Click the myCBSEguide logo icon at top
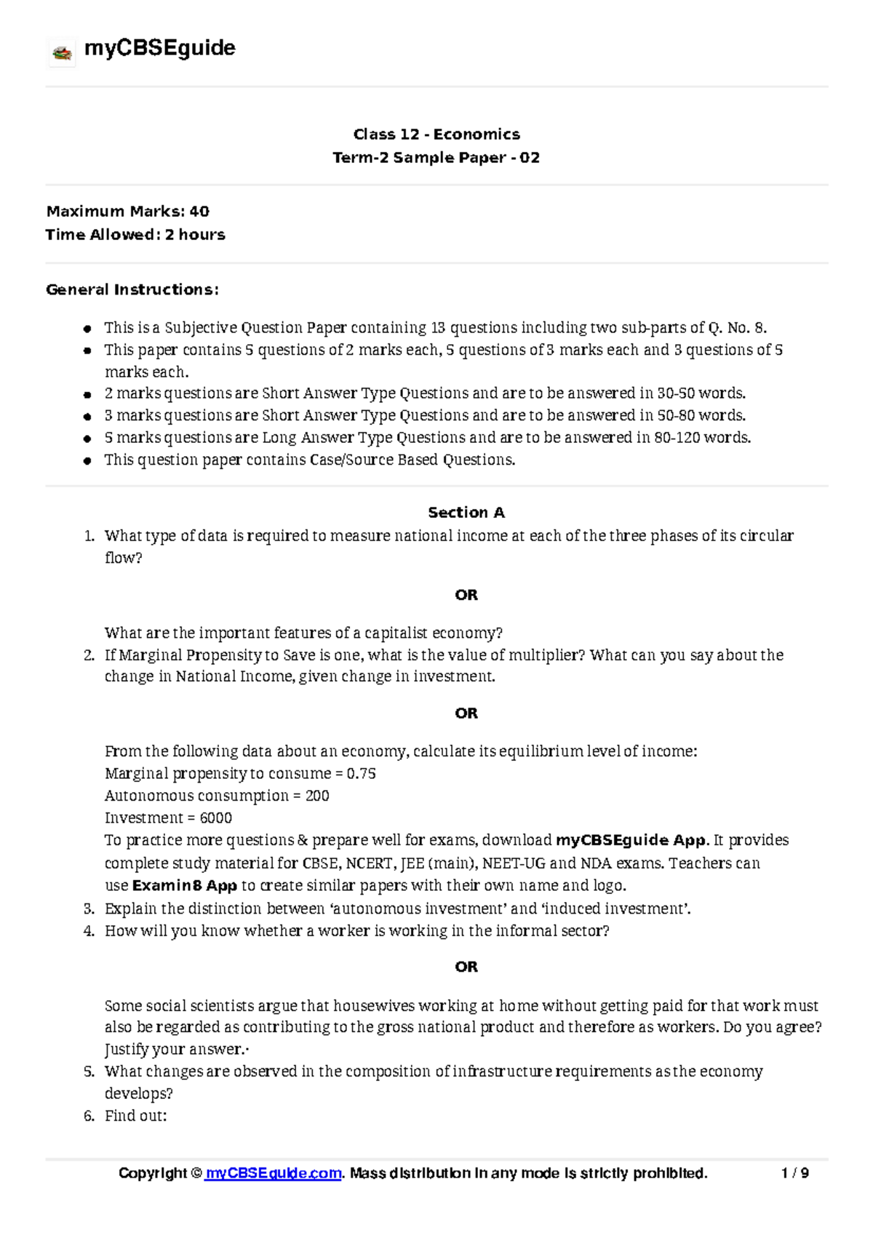(62, 52)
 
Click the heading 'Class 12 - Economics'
(436, 135)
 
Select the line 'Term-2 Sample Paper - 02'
(436, 158)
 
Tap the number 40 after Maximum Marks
(199, 212)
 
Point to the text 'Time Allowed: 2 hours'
(135, 235)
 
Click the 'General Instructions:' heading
(132, 289)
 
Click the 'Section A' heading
(466, 513)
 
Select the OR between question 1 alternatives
(466, 595)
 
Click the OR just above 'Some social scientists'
(466, 967)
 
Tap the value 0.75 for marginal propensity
(361, 774)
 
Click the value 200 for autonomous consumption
(317, 796)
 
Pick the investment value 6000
(215, 818)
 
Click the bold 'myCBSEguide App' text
(631, 841)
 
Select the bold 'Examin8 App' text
(184, 886)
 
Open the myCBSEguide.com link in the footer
(274, 1173)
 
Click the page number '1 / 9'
(794, 1173)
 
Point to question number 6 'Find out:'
(135, 1116)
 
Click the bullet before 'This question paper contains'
(87, 460)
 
